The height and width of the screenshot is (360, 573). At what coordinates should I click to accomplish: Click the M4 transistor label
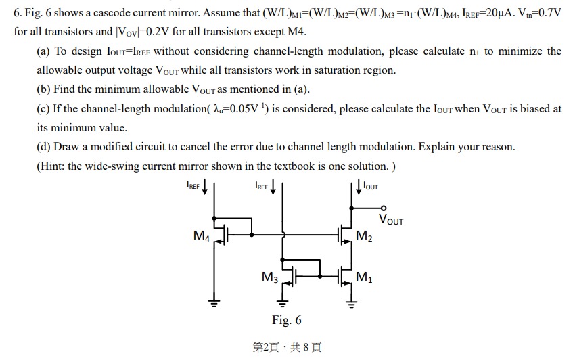(201, 235)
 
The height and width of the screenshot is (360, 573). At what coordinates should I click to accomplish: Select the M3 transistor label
(269, 277)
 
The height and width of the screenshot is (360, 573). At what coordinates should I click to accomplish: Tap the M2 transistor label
(363, 235)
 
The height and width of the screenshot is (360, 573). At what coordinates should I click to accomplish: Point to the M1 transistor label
(363, 277)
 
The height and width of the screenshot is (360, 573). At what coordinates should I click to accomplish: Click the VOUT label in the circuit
(391, 219)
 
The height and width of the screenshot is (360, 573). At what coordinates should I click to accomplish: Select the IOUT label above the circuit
(371, 185)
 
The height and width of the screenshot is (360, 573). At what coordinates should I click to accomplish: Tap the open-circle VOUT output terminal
(384, 208)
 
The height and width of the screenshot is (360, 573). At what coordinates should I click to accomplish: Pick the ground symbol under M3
(283, 302)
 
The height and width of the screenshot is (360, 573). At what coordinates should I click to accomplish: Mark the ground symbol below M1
(350, 302)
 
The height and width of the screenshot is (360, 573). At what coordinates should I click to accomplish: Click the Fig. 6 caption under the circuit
(287, 320)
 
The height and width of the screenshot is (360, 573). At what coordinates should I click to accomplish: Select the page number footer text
(287, 347)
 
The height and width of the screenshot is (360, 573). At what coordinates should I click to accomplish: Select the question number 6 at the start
(17, 14)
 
